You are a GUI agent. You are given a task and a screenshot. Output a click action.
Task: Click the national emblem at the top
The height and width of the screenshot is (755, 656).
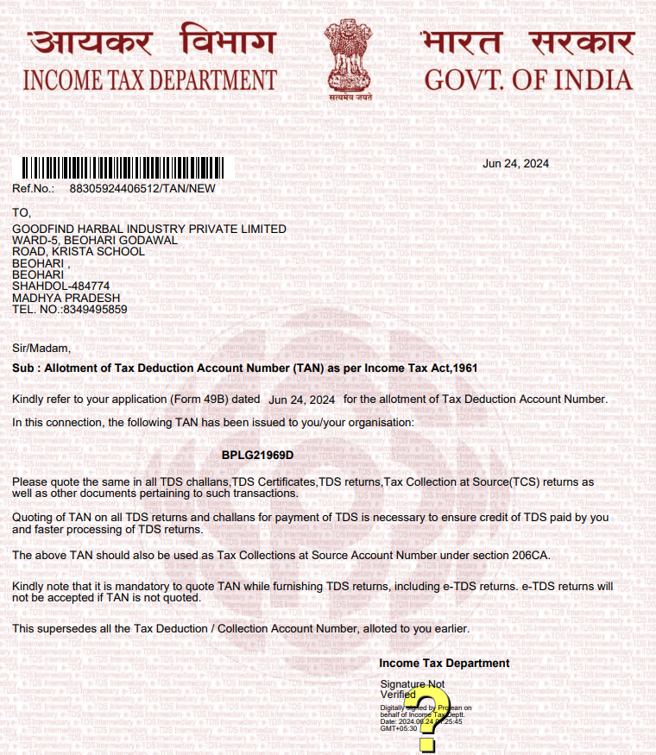(x=350, y=60)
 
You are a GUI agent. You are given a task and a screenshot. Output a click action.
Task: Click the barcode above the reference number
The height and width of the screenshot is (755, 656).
(x=115, y=168)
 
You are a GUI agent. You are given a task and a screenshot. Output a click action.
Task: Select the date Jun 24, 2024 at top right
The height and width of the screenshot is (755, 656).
(x=515, y=164)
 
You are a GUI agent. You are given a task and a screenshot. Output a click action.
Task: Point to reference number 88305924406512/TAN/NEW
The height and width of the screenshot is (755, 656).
(x=142, y=188)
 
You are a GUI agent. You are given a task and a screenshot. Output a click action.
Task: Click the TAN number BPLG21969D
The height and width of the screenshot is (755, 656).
(x=257, y=455)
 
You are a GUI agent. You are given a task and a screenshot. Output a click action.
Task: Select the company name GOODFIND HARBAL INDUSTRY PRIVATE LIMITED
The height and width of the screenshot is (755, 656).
(x=148, y=229)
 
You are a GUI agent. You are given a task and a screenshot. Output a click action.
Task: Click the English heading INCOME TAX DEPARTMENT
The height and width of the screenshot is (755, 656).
(x=149, y=80)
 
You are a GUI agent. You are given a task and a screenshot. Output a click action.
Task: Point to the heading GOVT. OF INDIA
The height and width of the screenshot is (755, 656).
(x=527, y=80)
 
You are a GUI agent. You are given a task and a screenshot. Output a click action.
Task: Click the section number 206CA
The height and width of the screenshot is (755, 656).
(x=528, y=554)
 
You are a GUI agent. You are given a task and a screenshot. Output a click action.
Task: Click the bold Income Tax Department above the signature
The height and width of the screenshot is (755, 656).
(x=444, y=664)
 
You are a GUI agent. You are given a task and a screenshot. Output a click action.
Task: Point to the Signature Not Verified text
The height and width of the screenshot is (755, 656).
(x=412, y=689)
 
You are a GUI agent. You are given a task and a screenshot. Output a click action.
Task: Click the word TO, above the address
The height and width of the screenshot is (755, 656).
(x=22, y=212)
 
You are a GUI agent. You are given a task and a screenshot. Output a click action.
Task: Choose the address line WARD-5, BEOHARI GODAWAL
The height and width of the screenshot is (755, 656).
(x=95, y=240)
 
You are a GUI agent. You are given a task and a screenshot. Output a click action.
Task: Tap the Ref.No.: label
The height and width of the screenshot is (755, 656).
(x=34, y=188)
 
